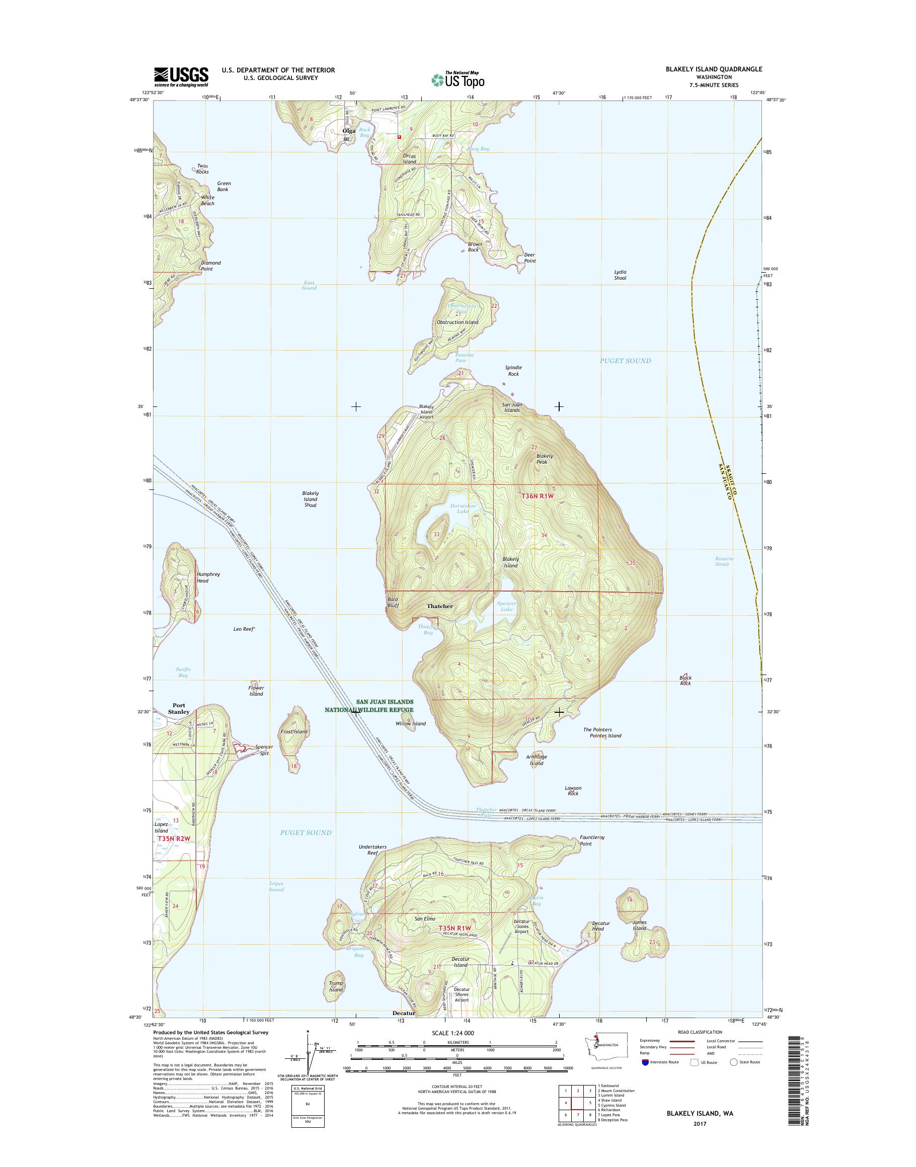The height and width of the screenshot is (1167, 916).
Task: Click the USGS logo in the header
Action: pos(181,76)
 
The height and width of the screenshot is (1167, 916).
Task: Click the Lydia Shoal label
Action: pos(620,275)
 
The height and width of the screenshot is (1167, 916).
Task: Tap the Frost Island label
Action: pos(294,731)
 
